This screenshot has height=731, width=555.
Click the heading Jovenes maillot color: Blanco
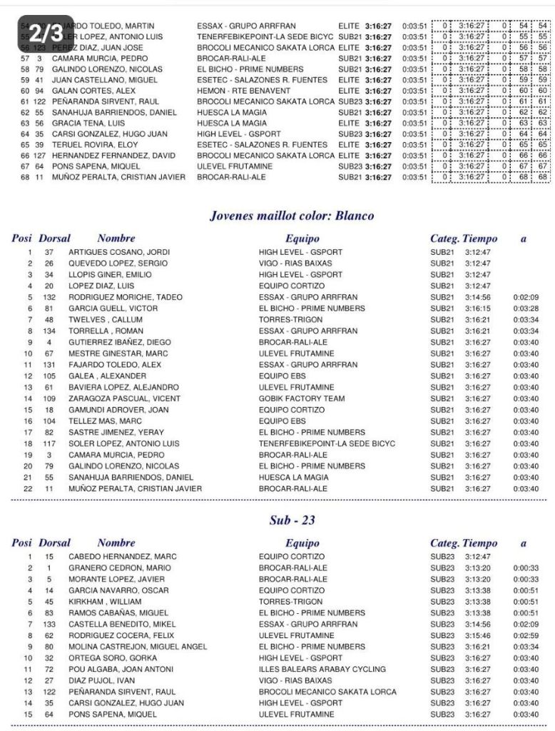click(291, 216)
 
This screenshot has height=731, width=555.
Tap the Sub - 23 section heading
click(292, 520)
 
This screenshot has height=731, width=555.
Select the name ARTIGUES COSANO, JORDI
click(115, 252)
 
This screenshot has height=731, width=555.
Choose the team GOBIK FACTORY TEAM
click(302, 399)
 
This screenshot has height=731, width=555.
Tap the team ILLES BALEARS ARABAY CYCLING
click(322, 670)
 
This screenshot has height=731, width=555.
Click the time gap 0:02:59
click(525, 635)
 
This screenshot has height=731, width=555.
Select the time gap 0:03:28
click(525, 308)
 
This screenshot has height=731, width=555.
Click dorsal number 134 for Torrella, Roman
click(49, 331)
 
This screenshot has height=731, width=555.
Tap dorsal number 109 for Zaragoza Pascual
click(49, 399)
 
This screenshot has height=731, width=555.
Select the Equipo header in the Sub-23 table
click(302, 543)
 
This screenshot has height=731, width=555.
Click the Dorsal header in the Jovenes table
click(55, 238)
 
